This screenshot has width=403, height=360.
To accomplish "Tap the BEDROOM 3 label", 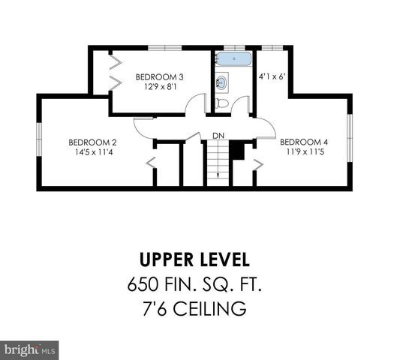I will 159,76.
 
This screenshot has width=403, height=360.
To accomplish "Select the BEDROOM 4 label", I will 304,141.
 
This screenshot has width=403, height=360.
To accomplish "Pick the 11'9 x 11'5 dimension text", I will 304,152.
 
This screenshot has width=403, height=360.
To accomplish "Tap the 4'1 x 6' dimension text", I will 271,76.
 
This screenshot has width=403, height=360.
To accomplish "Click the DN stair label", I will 218,135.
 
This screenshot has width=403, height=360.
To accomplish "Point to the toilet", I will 222,102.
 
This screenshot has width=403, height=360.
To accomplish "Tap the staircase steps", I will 218,161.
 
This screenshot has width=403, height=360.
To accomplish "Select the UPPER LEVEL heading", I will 194,260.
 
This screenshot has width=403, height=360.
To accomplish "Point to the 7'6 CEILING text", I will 194,309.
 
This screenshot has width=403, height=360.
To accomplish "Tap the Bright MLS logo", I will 30,349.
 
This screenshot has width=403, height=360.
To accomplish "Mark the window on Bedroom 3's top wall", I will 166,49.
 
